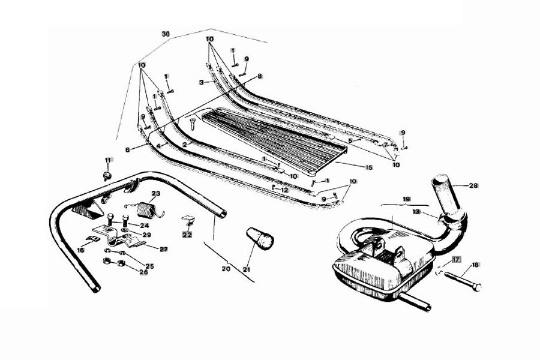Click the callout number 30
[166, 34]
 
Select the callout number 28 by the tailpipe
[473, 185]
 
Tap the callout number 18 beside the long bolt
[475, 265]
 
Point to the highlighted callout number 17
[457, 259]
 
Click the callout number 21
[247, 269]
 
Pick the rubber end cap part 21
[260, 238]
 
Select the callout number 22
[187, 235]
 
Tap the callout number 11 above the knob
[109, 160]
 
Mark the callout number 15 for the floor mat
[368, 167]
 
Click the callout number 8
[259, 76]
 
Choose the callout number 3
[201, 82]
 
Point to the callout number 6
[128, 150]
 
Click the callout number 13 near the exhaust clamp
[417, 212]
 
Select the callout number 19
[406, 199]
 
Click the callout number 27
[163, 249]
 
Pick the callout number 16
[80, 250]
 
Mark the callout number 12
[284, 190]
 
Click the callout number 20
[226, 269]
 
